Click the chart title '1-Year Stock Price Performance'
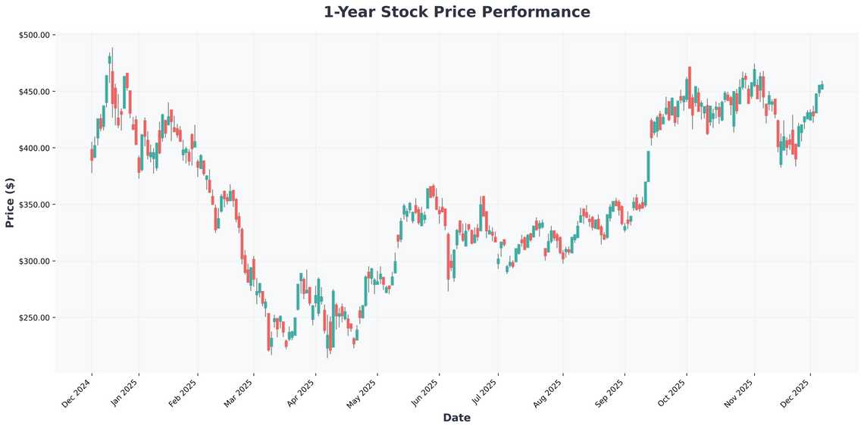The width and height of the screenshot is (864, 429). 456,12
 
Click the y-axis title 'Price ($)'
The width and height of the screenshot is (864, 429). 10,202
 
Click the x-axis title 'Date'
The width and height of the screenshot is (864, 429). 456,418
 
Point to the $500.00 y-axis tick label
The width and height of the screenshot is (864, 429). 33,35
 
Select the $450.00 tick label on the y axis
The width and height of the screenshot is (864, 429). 33,92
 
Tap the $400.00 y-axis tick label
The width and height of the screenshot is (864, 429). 33,148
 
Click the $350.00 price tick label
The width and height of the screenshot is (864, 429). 33,205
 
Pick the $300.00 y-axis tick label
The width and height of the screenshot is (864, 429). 33,261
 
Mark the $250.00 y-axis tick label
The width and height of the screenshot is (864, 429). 33,318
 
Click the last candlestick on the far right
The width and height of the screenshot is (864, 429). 822,87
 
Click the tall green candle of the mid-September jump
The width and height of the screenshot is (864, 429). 648,166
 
